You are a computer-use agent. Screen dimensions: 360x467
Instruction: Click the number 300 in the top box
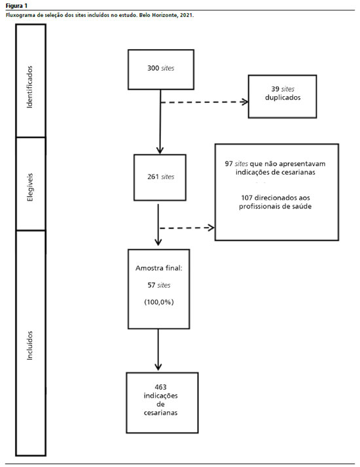pos(153,68)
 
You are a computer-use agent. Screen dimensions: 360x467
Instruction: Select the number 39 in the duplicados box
pos(275,89)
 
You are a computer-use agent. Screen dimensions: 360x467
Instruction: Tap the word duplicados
pos(283,97)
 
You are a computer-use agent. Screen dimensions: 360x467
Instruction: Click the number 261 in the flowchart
pos(153,177)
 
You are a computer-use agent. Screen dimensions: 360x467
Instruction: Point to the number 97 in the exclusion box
pos(229,164)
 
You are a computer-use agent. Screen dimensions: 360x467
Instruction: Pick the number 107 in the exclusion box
pos(247,198)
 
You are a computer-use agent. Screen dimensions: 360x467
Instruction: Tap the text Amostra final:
pos(159,268)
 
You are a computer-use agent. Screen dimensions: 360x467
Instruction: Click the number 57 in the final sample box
pos(151,285)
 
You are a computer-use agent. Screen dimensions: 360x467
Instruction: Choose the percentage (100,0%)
pos(159,302)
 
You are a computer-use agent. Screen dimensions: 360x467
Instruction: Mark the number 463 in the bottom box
pos(160,387)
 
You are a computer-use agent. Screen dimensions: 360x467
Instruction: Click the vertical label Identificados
pos(29,87)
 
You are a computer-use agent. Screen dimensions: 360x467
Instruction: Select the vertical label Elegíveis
pos(30,187)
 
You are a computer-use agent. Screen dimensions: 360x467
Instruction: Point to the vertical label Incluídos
pos(29,345)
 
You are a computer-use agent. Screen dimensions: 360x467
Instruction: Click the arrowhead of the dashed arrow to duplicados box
pos(245,102)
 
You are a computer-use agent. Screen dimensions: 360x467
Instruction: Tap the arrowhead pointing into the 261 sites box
pos(160,150)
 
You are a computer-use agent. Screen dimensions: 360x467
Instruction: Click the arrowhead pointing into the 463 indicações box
pos(158,367)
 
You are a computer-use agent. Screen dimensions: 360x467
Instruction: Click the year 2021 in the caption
pos(187,15)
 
